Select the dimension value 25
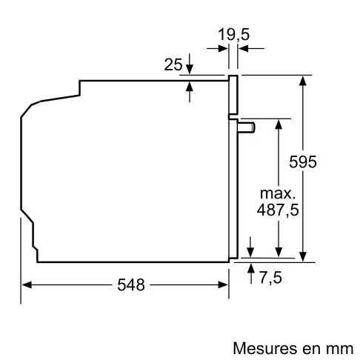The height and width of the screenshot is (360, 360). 173,65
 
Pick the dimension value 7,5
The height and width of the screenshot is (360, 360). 270,277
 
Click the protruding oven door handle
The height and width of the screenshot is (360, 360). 247,127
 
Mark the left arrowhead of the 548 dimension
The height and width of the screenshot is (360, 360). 27,284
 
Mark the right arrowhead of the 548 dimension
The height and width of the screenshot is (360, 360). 224,284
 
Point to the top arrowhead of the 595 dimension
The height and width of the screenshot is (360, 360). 303,79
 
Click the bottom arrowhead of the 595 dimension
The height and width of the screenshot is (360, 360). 303,256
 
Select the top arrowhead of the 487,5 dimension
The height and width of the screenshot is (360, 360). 279,123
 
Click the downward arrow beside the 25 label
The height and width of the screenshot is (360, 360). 190,68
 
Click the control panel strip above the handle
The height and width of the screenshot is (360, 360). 233,96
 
